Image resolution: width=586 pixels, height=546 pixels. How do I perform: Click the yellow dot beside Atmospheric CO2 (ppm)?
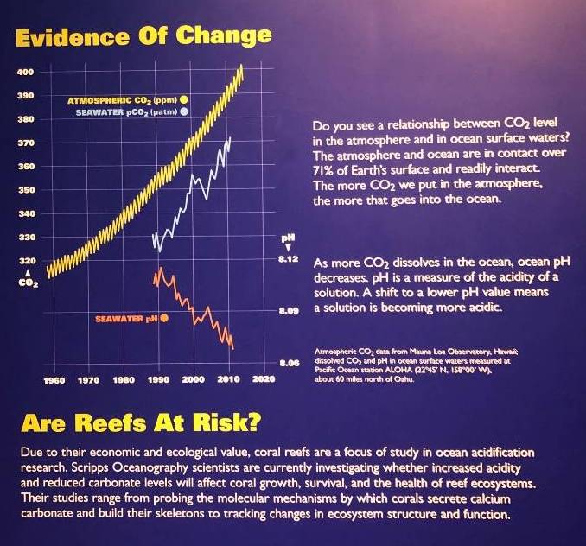click(x=184, y=100)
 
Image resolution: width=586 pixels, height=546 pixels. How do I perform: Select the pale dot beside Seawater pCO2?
click(x=184, y=112)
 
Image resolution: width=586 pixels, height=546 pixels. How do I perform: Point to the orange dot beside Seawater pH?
click(x=164, y=318)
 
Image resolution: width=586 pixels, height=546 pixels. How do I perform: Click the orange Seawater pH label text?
click(x=125, y=319)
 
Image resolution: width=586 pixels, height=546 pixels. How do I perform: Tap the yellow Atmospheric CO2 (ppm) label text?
click(x=121, y=100)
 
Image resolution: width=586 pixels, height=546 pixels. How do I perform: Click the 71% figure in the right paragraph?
click(x=323, y=169)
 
